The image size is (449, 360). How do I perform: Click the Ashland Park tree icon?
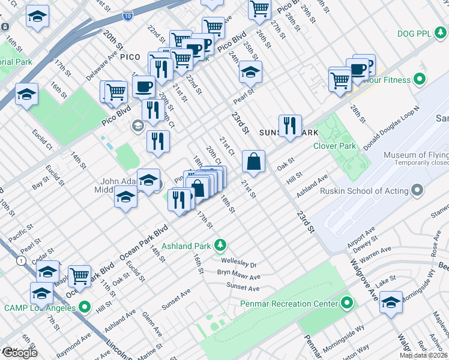(221, 245)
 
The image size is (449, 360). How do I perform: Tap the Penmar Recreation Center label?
(289, 304)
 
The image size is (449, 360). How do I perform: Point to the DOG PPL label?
(417, 34)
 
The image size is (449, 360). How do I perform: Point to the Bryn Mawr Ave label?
(238, 277)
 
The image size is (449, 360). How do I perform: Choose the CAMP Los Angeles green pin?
(84, 307)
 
